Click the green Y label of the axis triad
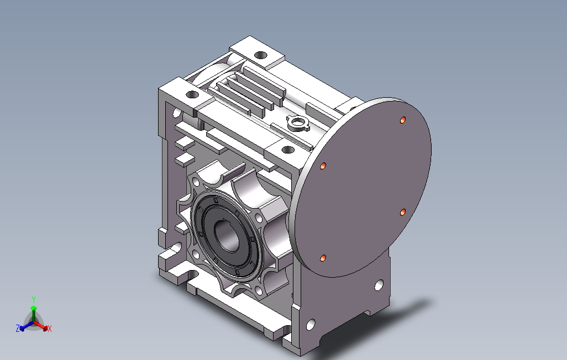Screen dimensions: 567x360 pos(34,300)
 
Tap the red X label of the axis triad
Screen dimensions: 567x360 pos(50,329)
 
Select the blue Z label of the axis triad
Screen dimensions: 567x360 pos(17,328)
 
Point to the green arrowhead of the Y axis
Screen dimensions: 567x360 pos(34,308)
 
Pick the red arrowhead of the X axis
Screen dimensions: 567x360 pos(45,328)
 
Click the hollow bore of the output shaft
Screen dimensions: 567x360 pos(227,236)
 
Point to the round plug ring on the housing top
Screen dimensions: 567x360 pos(298,123)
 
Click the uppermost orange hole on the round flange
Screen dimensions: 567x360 pos(403,120)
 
